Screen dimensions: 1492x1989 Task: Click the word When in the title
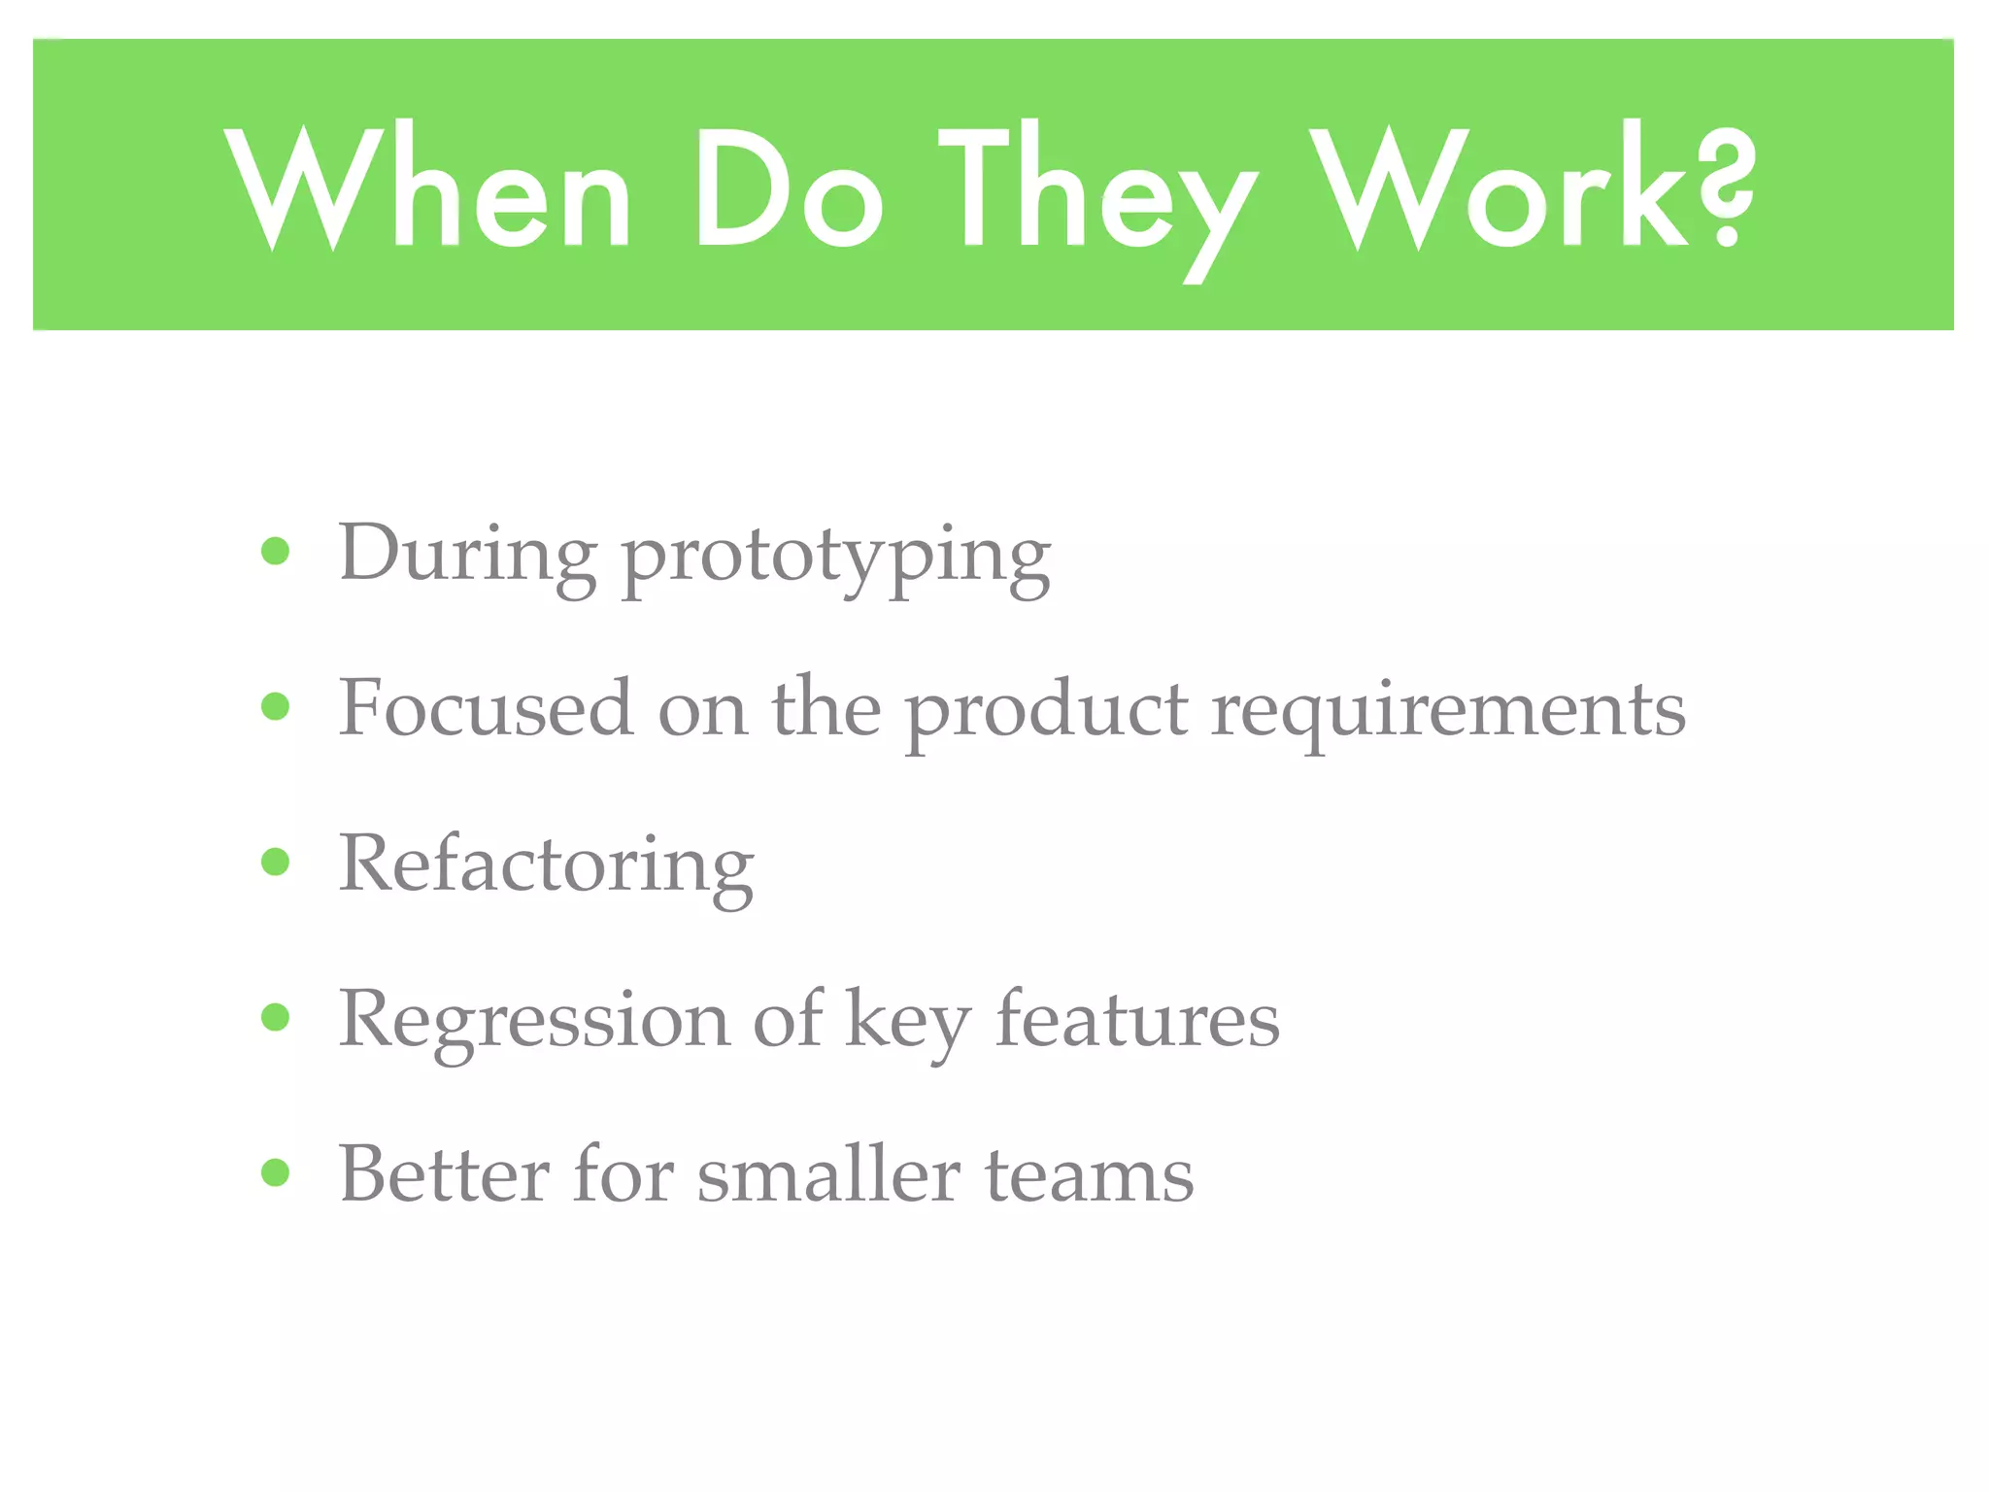[x=427, y=189]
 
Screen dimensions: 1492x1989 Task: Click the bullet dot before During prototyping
[x=276, y=552]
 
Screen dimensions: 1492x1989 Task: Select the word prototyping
[x=835, y=559]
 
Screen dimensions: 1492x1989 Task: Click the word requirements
[x=1448, y=714]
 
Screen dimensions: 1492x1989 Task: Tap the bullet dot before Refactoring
[x=276, y=862]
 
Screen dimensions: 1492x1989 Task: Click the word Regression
[x=534, y=1022]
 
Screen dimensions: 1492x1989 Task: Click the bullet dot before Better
[x=276, y=1172]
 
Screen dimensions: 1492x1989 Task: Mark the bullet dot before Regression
[x=276, y=1017]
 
